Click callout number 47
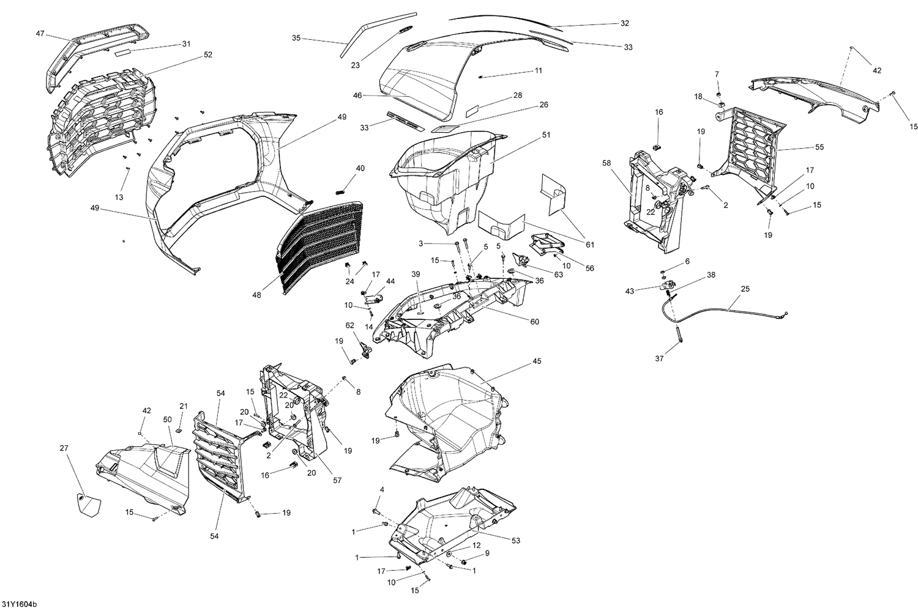40,35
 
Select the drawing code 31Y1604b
20,604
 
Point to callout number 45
537,361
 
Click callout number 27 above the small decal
64,448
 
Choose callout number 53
516,540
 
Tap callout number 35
296,38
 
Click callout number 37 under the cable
659,359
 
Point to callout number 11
538,70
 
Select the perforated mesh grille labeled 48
318,245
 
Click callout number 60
534,322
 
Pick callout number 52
208,54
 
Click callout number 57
337,480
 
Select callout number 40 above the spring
360,168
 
